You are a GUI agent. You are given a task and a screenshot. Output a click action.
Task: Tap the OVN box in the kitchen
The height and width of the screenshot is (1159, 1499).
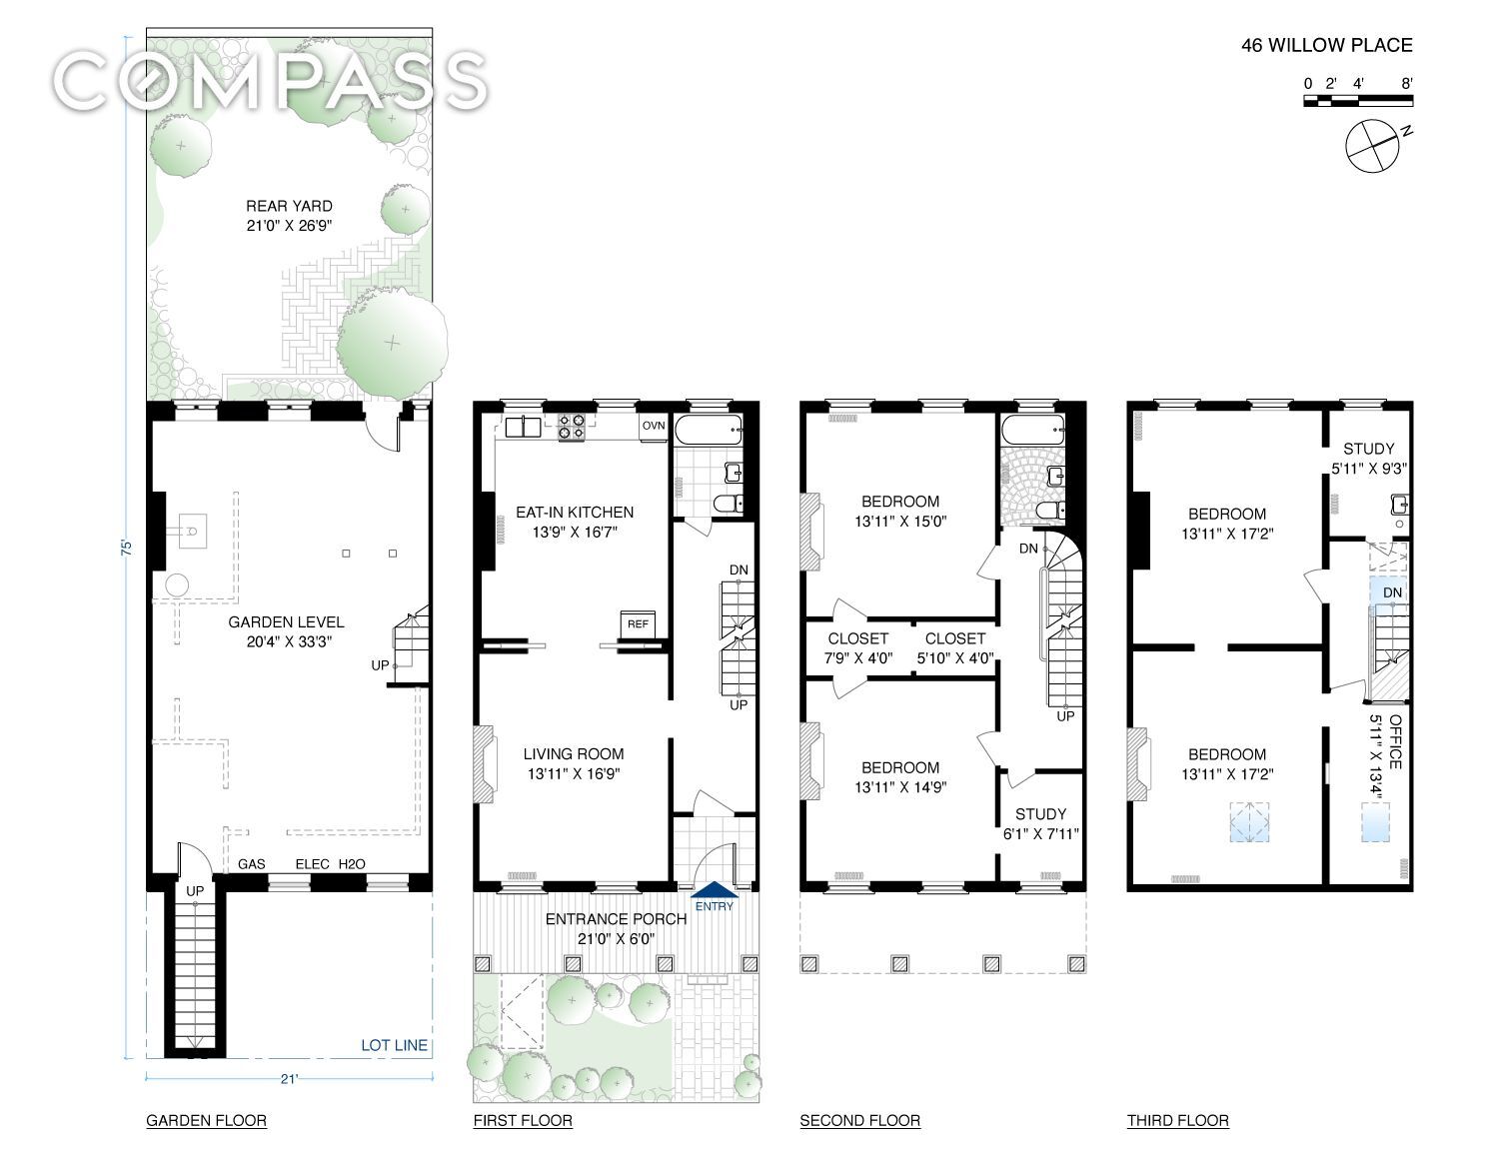pos(654,427)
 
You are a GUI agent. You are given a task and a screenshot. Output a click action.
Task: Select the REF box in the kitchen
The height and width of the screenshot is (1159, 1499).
pos(638,624)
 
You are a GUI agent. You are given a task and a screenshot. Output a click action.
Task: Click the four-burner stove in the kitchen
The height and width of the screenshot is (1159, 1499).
pos(571,427)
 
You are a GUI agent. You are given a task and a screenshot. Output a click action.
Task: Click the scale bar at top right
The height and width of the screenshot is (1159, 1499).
pos(1357,101)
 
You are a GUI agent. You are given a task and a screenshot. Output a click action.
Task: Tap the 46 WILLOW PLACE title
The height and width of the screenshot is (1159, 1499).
pos(1326,46)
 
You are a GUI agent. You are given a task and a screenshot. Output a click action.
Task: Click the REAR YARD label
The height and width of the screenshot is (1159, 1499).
pos(289,206)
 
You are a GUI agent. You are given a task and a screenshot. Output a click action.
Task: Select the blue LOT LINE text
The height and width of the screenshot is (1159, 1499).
pos(394,1045)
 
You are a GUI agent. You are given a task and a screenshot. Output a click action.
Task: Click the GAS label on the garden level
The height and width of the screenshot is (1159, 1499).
pos(251,864)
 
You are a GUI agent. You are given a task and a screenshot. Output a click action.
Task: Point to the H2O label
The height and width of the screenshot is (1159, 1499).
pos(351,864)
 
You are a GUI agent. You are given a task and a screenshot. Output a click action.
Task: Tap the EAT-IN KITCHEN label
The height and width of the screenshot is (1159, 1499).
pos(575,513)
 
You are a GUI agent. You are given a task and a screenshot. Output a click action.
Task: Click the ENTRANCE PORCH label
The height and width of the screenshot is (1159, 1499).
pos(616,919)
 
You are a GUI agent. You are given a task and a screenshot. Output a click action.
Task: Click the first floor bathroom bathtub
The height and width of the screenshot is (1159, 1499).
pos(709,430)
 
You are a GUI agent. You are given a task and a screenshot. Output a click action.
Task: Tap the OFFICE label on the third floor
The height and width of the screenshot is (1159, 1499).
pos(1395,742)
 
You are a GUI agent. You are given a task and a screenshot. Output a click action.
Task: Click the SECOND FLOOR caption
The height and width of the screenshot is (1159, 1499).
pos(859,1121)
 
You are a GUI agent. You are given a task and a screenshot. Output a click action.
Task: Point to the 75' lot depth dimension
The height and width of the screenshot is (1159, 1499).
pos(126,548)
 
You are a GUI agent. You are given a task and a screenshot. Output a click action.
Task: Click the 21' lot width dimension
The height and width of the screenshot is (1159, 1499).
pos(289,1079)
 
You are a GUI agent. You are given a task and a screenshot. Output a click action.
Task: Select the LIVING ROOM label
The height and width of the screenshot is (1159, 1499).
pos(574,754)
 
